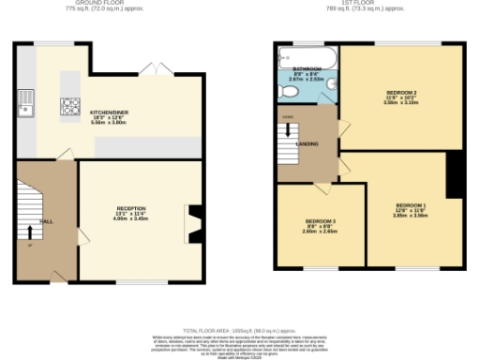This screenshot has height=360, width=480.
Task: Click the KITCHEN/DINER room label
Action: (109, 112)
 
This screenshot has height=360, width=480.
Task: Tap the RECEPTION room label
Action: (131, 208)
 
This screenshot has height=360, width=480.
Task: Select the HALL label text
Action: (44, 220)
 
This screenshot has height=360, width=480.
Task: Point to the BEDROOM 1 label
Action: (410, 204)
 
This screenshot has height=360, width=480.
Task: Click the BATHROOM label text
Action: (307, 69)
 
